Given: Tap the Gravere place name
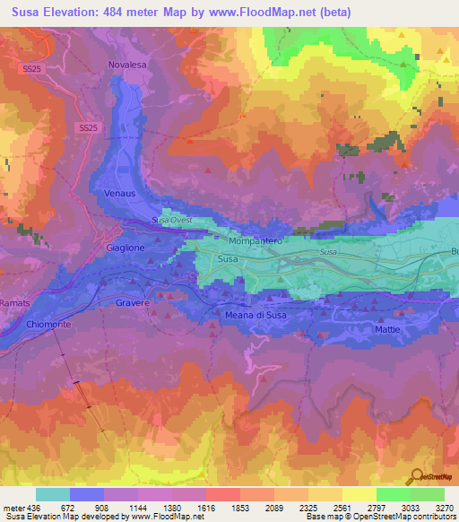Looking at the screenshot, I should click(x=132, y=303).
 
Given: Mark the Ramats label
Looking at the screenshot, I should click(x=15, y=303).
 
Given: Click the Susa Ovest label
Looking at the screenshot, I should click(x=171, y=220).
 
